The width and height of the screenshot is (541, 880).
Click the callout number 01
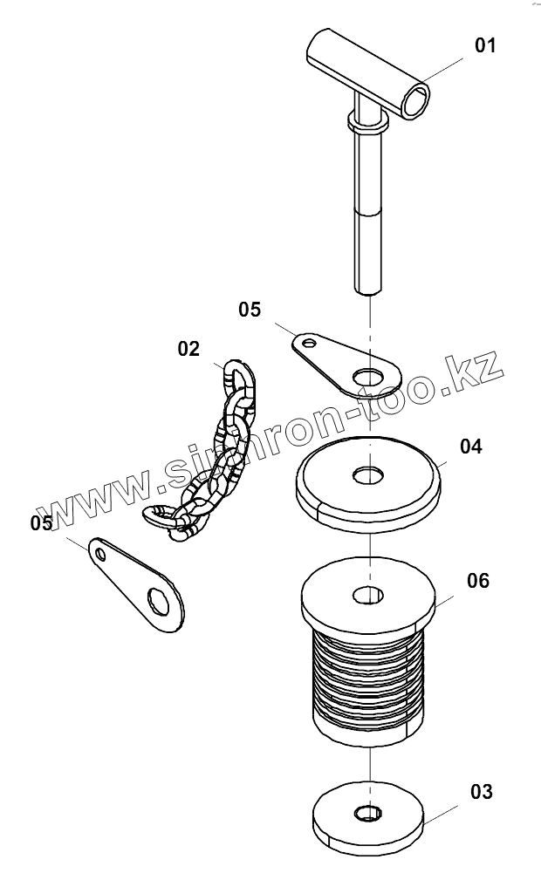click(484, 44)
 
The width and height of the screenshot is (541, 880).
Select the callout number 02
click(188, 349)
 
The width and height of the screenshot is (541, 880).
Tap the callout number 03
click(481, 792)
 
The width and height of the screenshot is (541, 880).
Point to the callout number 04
click(470, 447)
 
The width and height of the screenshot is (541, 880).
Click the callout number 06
click(477, 581)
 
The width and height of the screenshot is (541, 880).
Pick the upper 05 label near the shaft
click(250, 309)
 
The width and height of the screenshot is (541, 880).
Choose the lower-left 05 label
click(41, 523)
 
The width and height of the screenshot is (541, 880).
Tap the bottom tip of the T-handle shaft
click(369, 290)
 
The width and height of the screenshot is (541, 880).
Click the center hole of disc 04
click(369, 475)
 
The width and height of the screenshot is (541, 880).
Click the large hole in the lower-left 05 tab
click(160, 601)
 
